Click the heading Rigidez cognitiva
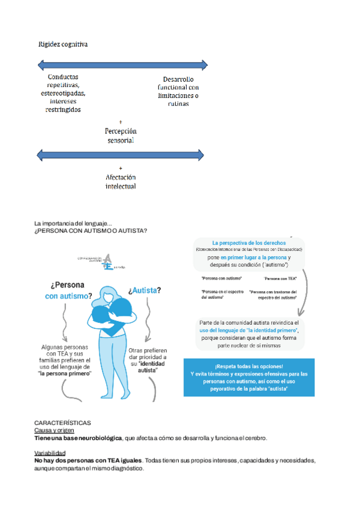coord(63,44)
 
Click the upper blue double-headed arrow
coord(122,64)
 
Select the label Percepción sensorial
coord(121,135)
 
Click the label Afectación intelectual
coord(121,181)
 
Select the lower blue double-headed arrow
coord(122,156)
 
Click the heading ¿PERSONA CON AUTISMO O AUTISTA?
coord(91,230)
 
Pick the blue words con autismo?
coord(68,296)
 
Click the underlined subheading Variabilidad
coord(50,453)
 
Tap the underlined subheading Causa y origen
coord(54,430)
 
